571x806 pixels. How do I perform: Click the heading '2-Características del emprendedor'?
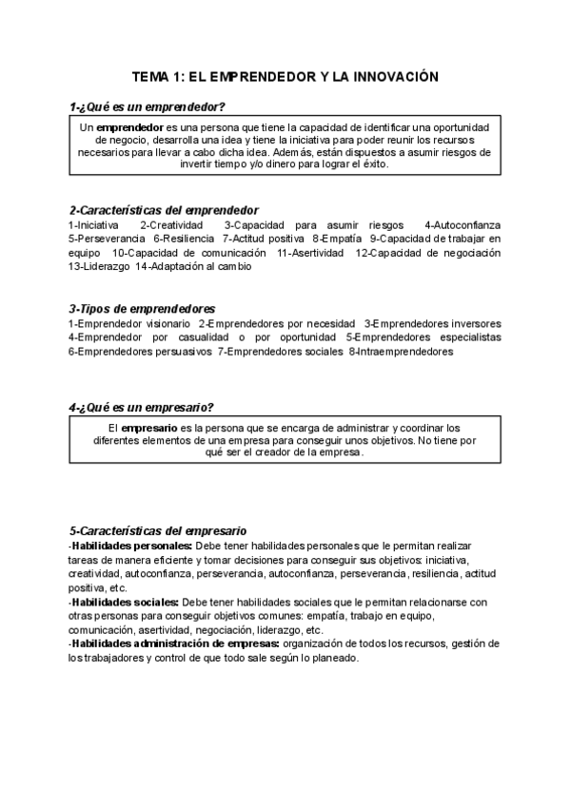(164, 210)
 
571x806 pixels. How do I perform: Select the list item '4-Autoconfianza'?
(463, 224)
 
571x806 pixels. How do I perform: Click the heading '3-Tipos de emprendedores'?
(142, 309)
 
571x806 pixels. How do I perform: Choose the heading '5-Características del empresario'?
(158, 529)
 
